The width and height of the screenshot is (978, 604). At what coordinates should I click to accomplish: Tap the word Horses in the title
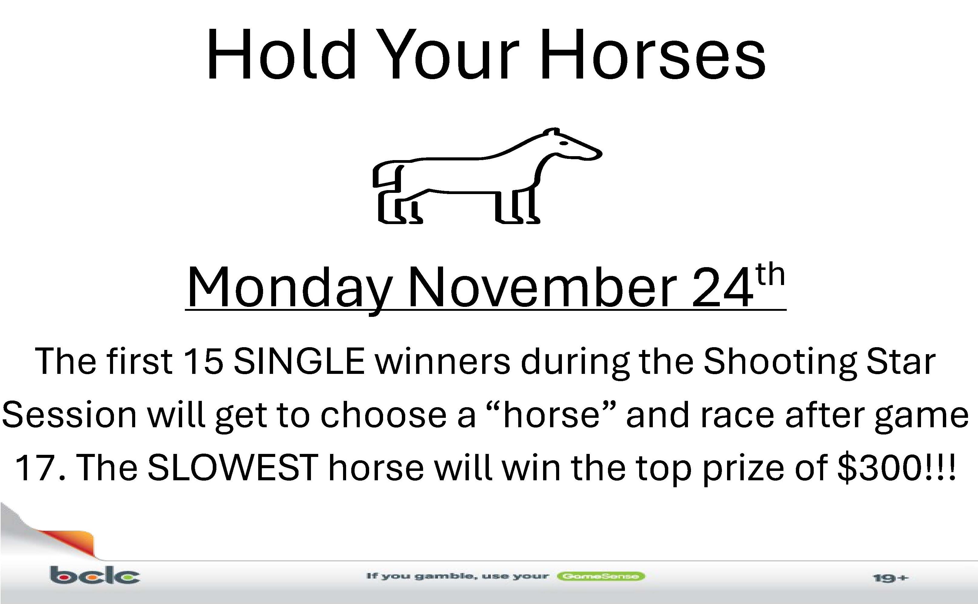(x=653, y=54)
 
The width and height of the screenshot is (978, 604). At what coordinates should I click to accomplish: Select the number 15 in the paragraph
(x=203, y=361)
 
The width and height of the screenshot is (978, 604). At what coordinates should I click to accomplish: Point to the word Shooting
(x=779, y=364)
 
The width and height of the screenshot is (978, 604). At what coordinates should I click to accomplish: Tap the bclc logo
(x=95, y=575)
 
